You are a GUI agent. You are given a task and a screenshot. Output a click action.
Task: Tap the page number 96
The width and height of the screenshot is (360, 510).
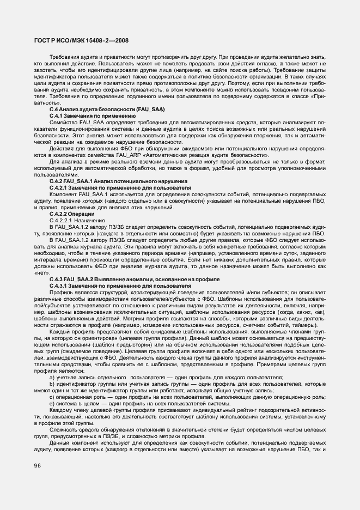[x=38, y=464]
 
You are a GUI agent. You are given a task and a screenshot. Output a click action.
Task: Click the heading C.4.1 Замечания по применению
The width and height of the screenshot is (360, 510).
[x=92, y=116]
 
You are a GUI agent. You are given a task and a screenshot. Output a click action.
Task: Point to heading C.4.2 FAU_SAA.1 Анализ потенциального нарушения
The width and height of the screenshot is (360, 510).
[x=118, y=180]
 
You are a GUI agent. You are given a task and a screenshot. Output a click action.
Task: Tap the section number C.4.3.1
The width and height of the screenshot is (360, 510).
[x=58, y=286]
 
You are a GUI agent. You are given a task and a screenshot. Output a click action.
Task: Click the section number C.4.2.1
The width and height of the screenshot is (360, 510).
[x=58, y=187]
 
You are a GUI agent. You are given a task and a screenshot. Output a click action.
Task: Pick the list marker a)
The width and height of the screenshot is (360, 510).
[x=52, y=377]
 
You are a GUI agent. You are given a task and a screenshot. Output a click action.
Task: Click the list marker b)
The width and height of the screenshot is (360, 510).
[x=52, y=384]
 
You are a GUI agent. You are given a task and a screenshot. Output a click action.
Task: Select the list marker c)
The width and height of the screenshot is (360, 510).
[x=52, y=397]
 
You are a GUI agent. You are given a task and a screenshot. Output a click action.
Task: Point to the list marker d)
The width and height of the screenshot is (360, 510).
[x=52, y=403]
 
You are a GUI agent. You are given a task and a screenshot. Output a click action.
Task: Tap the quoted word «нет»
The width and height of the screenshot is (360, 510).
[x=42, y=272]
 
